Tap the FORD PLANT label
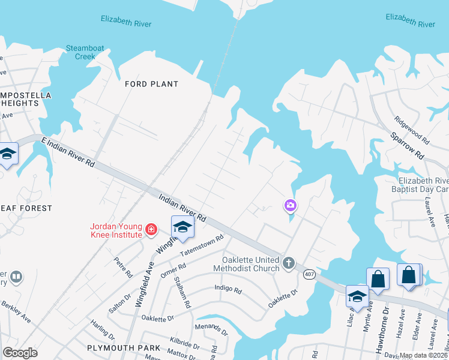[144, 84]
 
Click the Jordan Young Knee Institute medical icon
[151, 229]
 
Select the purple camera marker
[290, 206]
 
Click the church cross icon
[289, 263]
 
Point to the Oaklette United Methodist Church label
[251, 264]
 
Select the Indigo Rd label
[228, 289]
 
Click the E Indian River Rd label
[68, 151]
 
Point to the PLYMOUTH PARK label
[124, 348]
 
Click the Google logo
[20, 353]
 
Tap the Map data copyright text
[423, 355]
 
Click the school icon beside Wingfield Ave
[182, 227]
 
